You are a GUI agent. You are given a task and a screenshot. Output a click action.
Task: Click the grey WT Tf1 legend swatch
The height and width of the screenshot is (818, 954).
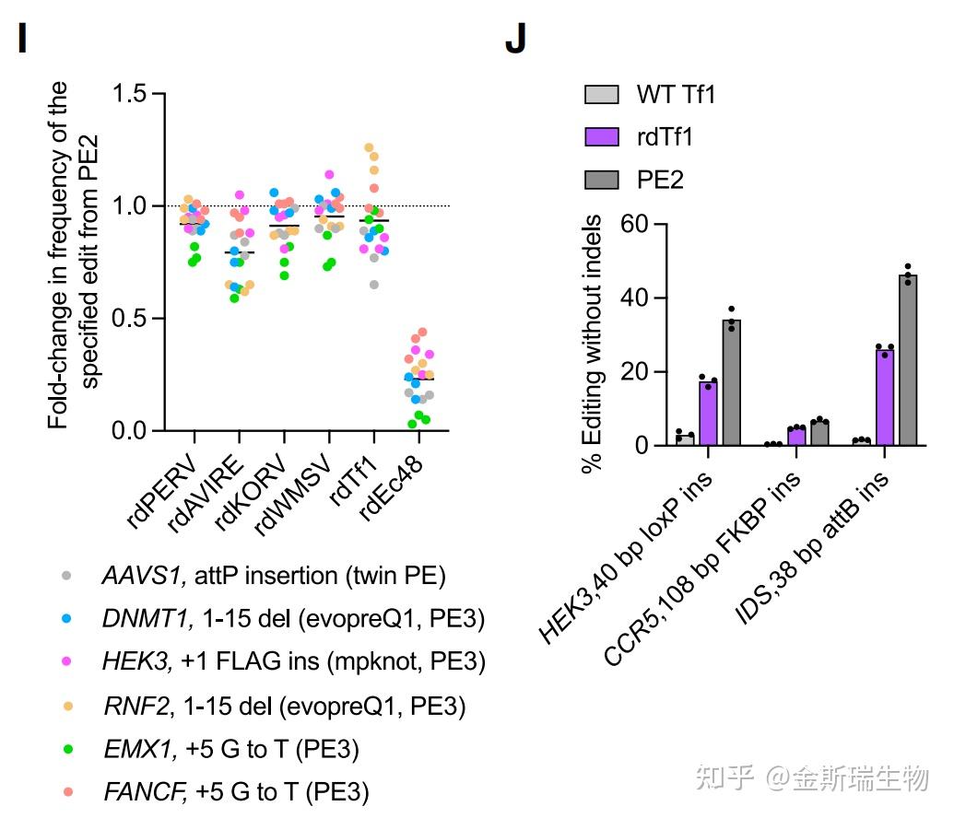(x=601, y=95)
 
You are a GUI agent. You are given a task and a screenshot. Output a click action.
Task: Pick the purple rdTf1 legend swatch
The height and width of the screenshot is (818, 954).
(x=601, y=137)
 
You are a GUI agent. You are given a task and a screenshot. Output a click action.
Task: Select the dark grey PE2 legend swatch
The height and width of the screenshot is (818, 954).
(x=601, y=180)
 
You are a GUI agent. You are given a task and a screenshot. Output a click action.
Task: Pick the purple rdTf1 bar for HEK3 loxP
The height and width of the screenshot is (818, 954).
(x=708, y=414)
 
